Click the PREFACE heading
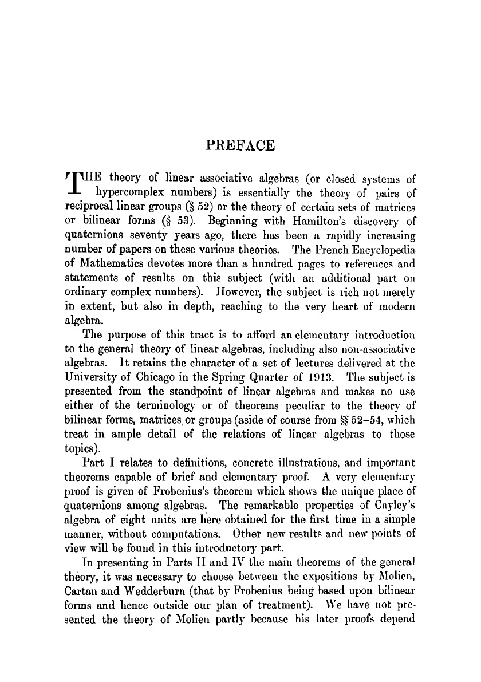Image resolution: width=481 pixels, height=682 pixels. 240,145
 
